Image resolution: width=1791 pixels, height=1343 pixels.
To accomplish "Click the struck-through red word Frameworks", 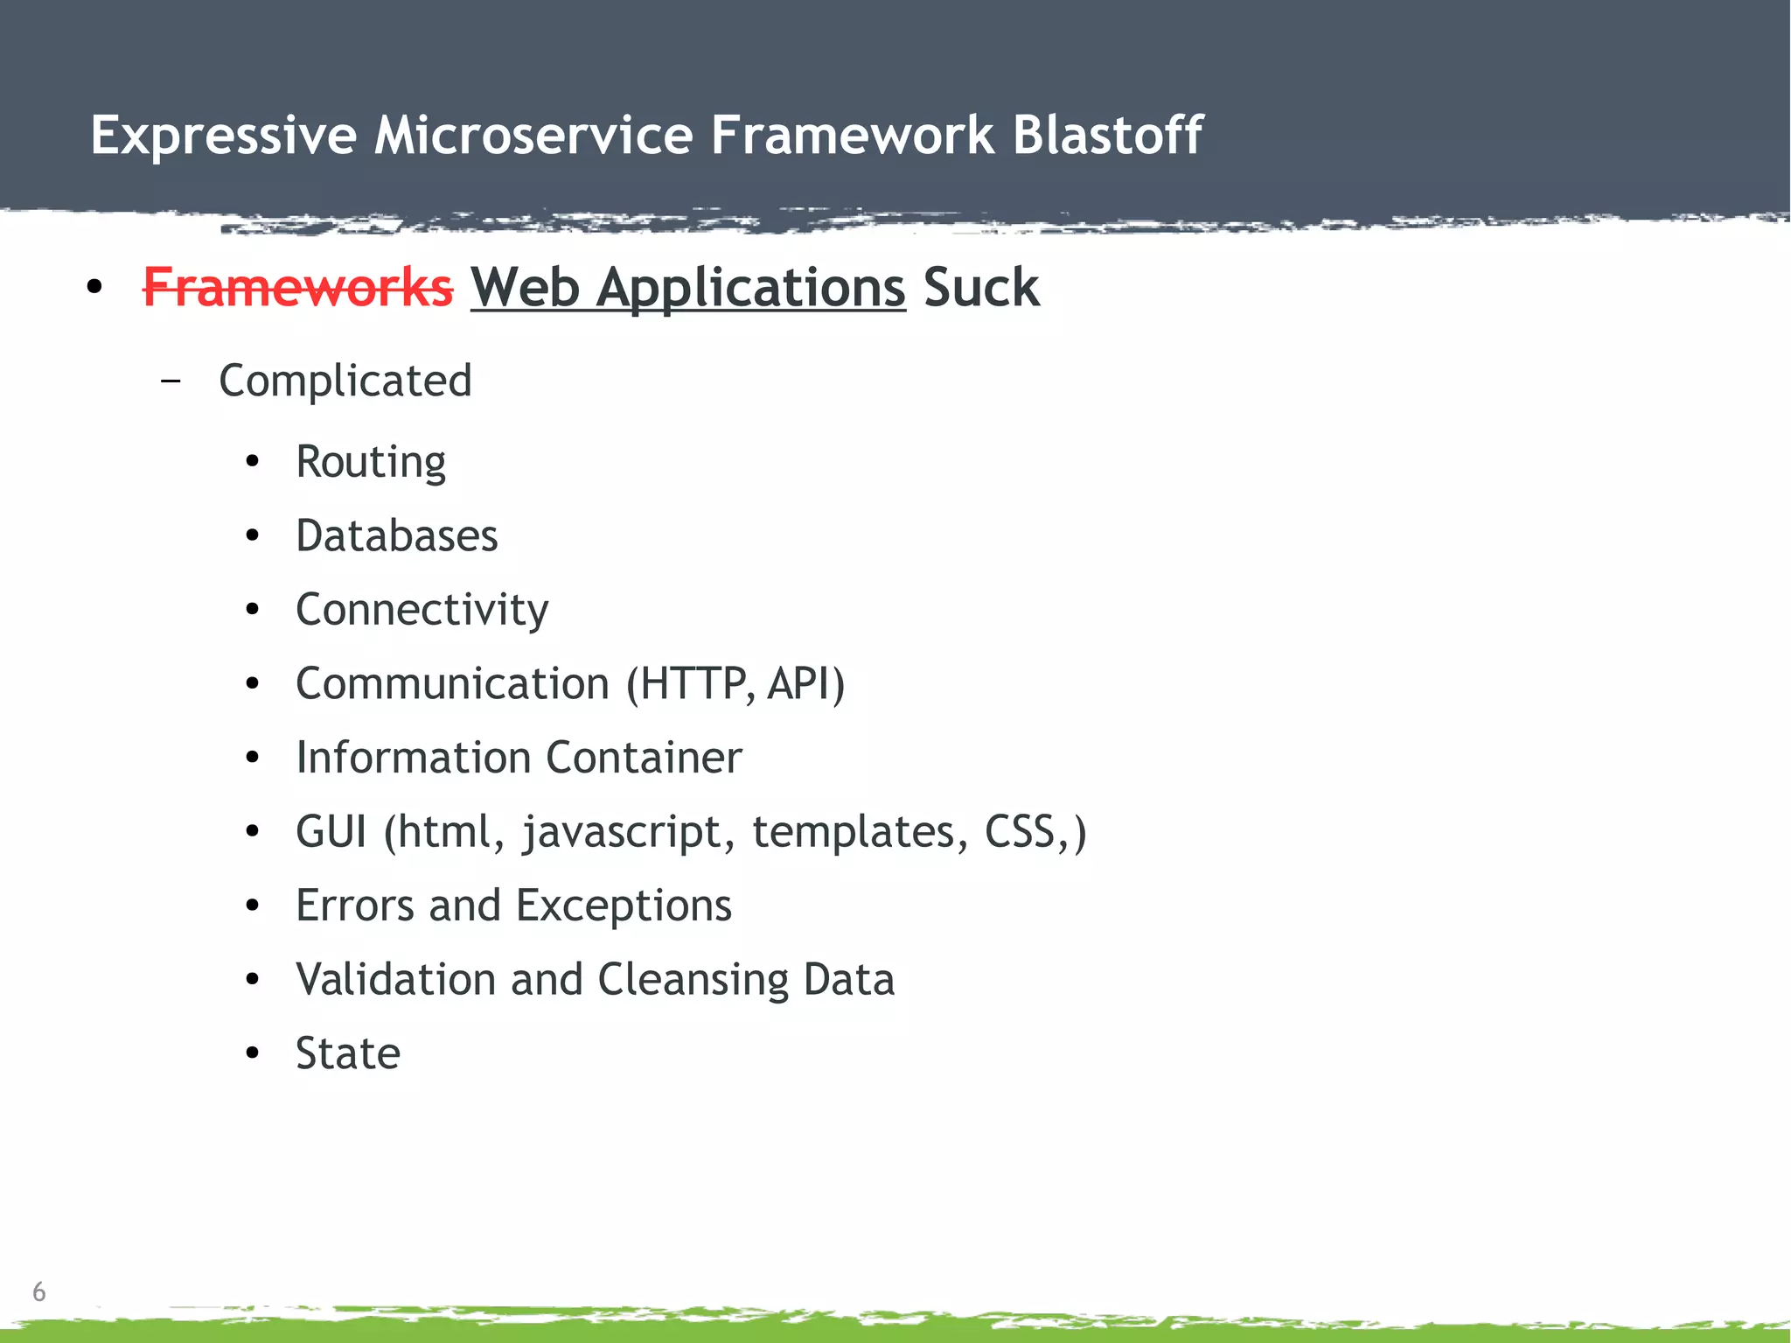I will click(x=297, y=288).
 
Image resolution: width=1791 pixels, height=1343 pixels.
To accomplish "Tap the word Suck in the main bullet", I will click(x=980, y=288).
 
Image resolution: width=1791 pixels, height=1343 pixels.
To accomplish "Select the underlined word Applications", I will click(x=750, y=288).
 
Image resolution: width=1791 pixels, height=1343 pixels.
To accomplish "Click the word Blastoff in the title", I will click(x=1107, y=136).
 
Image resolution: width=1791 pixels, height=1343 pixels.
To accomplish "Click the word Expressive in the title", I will click(x=224, y=136).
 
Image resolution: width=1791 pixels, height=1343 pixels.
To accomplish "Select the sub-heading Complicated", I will click(x=345, y=381).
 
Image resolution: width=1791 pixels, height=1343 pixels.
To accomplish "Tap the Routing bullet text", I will click(x=371, y=462).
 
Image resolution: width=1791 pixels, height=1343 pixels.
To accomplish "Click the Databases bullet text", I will click(x=396, y=535).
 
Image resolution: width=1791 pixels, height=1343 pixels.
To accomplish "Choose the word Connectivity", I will click(x=422, y=610).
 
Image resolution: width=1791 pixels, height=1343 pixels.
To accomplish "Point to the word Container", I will click(x=644, y=758).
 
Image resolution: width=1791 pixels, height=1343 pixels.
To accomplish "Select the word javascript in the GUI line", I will click(x=623, y=832).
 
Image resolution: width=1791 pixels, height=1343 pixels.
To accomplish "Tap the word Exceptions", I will click(x=623, y=906).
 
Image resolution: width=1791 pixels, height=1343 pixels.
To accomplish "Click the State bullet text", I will click(x=347, y=1053).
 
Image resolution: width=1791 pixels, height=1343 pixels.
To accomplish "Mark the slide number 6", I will click(x=38, y=1291).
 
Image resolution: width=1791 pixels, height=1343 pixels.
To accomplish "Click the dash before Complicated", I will click(x=171, y=381).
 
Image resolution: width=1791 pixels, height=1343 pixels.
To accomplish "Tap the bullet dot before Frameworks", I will click(x=94, y=288).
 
